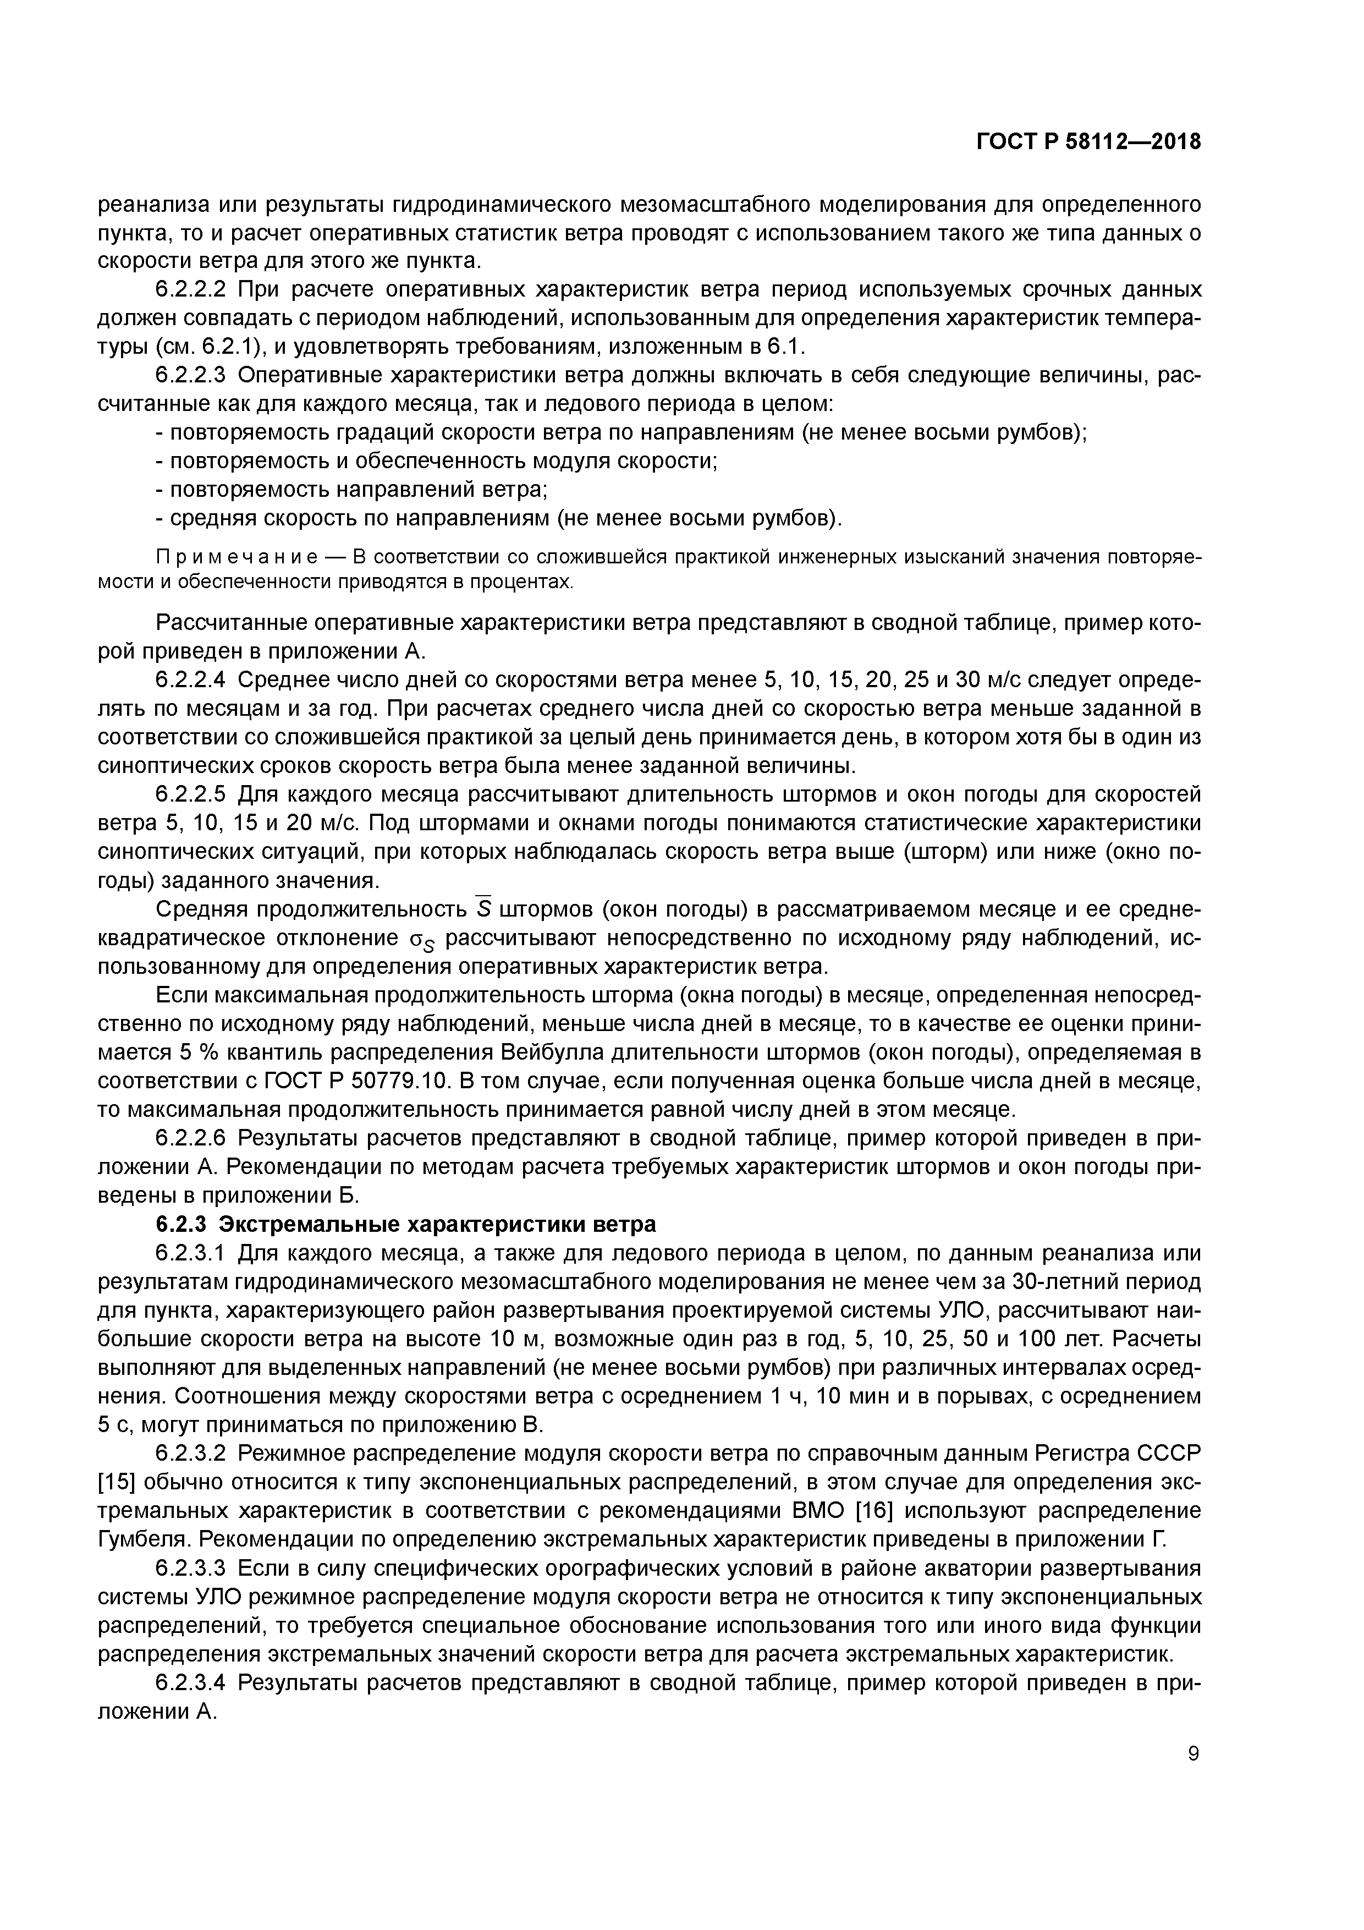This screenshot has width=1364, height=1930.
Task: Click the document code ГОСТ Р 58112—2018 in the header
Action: [1088, 143]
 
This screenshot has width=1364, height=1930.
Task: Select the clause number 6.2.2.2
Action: [191, 290]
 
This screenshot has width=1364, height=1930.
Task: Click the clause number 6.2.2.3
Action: [191, 375]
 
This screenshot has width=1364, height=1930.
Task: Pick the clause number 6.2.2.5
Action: [191, 794]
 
